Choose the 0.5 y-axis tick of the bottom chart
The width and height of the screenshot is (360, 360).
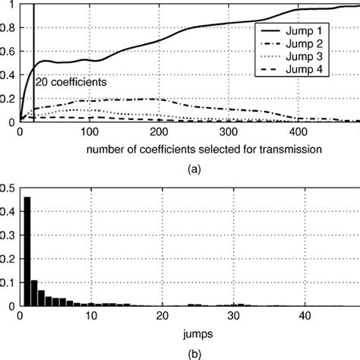tap(10, 188)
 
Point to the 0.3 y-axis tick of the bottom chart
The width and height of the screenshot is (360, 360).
tap(10, 235)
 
